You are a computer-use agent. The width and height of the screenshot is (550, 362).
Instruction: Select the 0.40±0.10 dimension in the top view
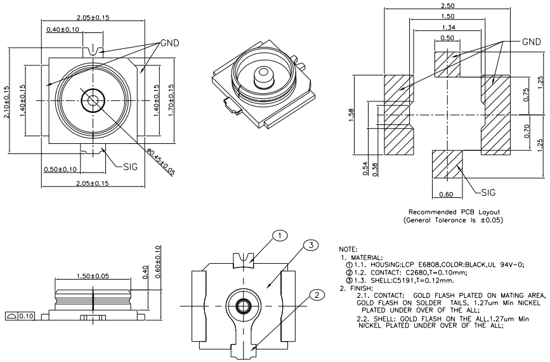point(62,30)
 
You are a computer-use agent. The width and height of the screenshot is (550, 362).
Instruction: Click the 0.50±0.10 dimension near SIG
point(60,169)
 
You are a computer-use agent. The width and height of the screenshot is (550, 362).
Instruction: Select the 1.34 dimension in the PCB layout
point(448,27)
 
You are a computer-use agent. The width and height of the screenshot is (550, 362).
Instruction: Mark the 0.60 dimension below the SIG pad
point(447,195)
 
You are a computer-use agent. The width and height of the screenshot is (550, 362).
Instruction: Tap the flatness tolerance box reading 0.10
point(20,316)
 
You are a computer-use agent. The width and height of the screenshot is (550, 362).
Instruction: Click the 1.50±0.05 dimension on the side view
point(93,277)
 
